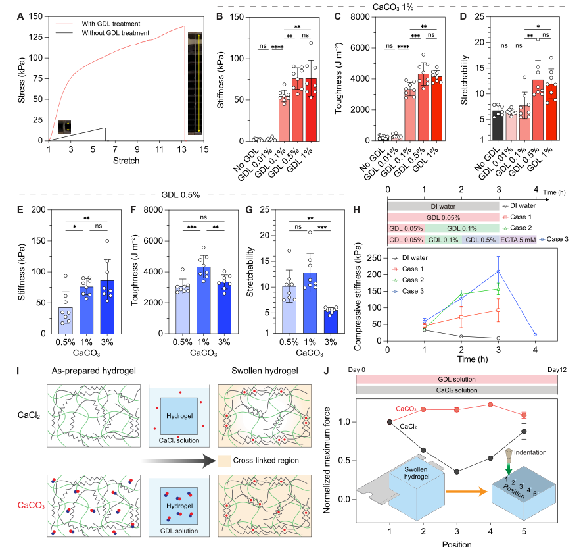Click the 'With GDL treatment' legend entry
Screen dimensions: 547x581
pos(116,23)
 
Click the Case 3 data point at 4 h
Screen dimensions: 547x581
pos(536,334)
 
